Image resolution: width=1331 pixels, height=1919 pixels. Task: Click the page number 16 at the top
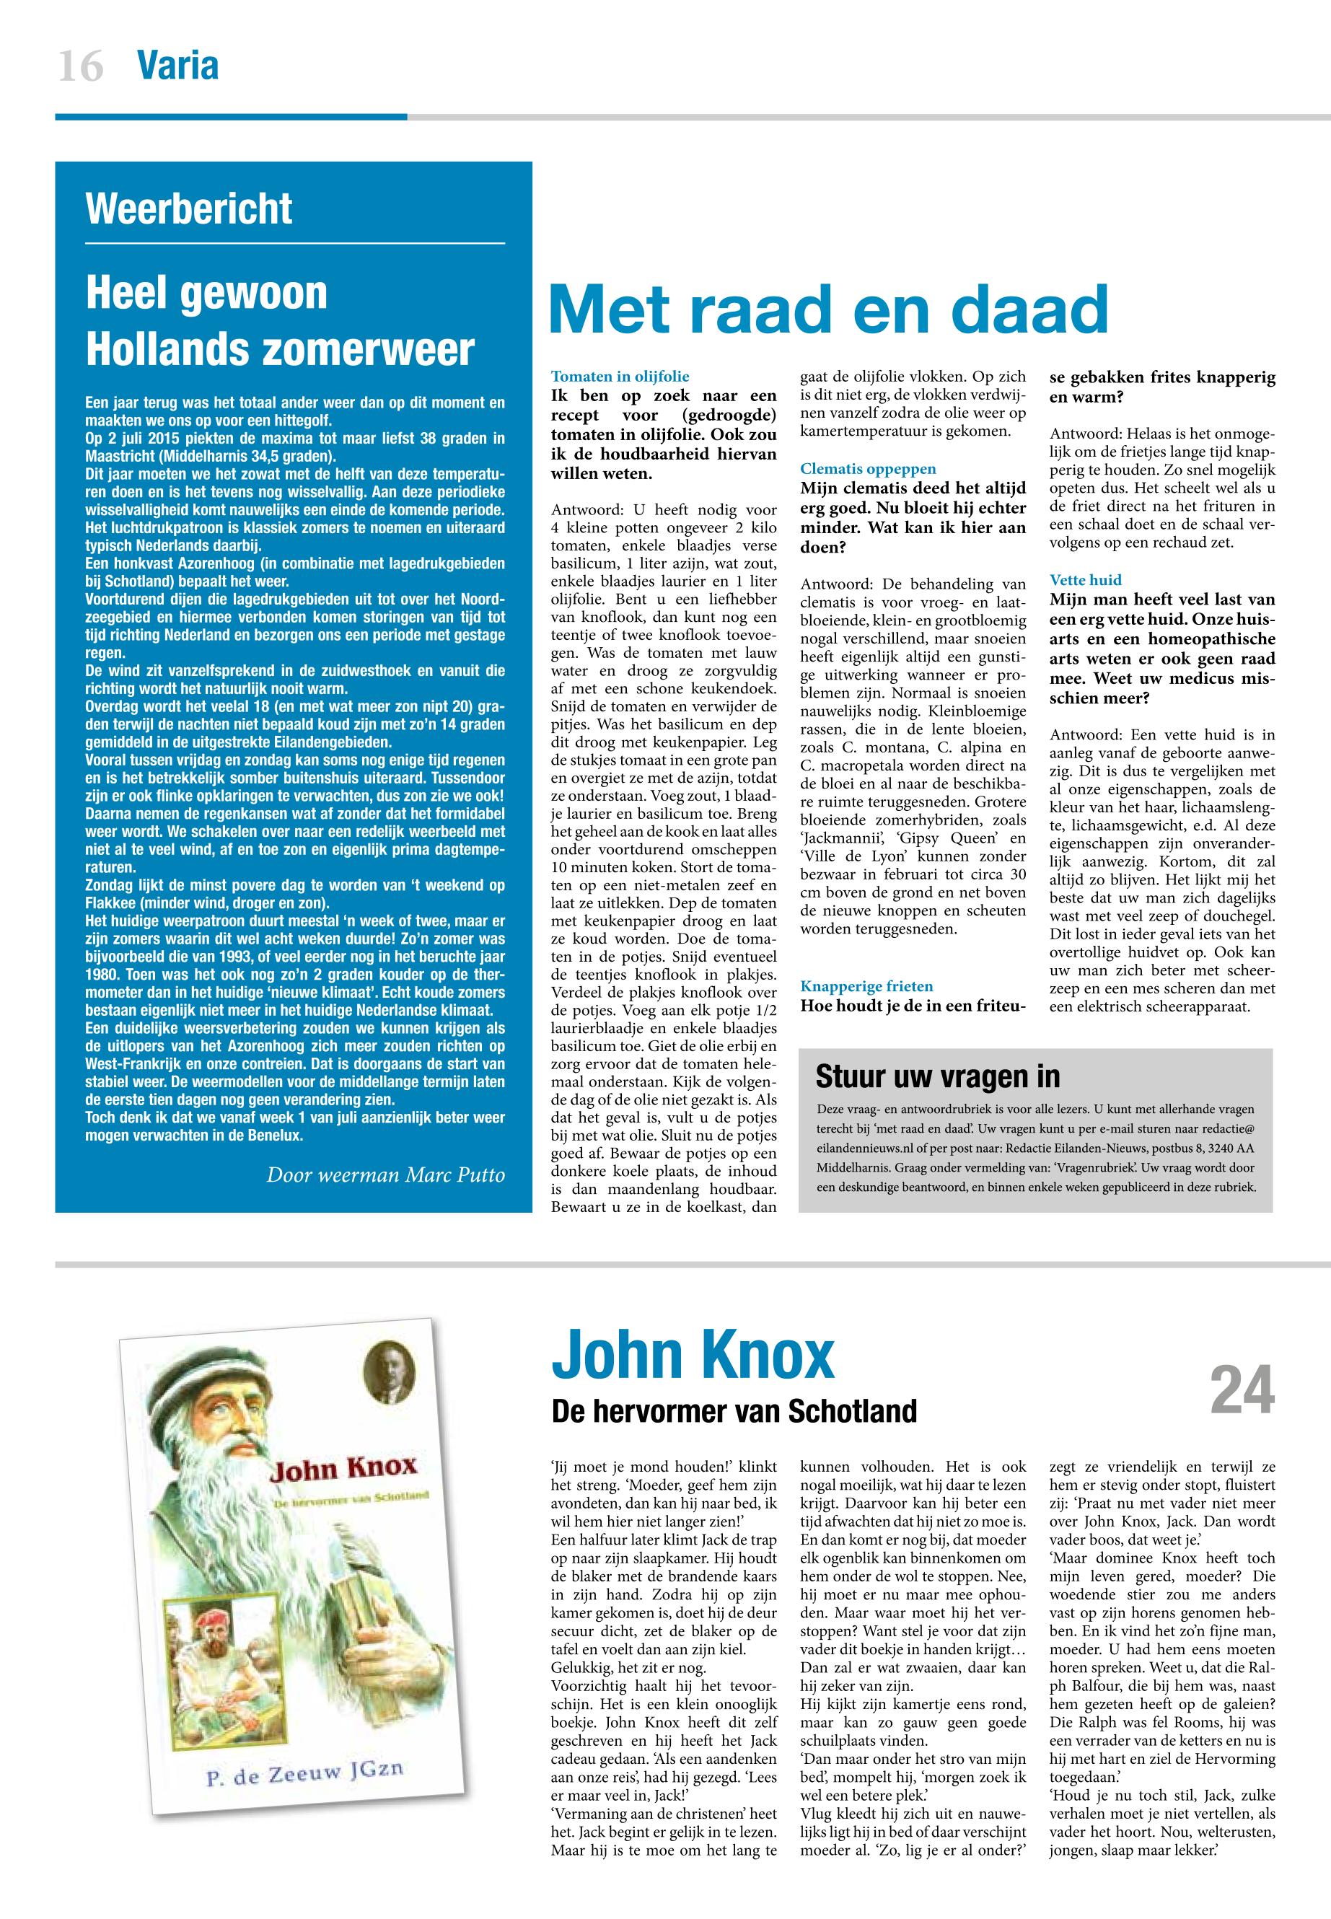coord(81,66)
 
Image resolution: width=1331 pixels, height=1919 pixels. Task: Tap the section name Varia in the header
coord(177,65)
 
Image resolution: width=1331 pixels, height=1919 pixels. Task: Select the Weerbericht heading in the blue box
coord(188,208)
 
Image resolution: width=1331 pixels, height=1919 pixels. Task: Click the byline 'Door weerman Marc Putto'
coord(385,1175)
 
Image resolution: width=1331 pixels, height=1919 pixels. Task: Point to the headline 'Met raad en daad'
coord(829,309)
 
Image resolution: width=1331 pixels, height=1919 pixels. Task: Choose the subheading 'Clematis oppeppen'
coord(867,469)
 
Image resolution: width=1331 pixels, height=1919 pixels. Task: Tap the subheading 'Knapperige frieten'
coord(866,985)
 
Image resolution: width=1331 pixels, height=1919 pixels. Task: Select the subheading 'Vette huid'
coord(1085,579)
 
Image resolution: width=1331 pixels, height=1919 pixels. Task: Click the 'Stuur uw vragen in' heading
coord(937,1076)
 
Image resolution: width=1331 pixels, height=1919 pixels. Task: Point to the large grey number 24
coord(1242,1391)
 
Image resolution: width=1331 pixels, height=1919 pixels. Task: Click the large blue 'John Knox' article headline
coord(692,1358)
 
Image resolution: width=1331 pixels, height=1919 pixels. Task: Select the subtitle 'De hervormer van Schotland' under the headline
coord(734,1411)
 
